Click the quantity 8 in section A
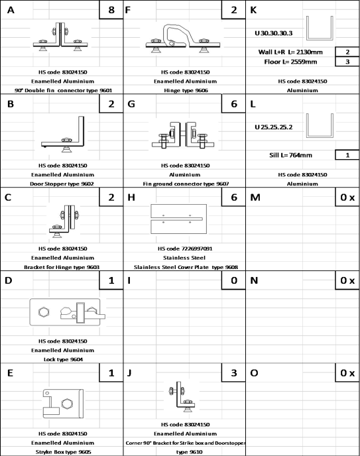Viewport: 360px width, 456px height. (x=111, y=9)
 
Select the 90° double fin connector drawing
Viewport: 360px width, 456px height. (x=60, y=36)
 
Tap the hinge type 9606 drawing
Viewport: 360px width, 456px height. (x=183, y=38)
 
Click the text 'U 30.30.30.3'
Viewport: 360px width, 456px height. (x=274, y=33)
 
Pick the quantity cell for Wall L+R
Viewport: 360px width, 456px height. (x=347, y=52)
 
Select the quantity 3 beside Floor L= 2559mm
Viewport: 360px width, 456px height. (x=347, y=62)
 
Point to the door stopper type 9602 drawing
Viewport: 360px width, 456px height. (x=63, y=134)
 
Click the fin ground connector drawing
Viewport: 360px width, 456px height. (x=183, y=135)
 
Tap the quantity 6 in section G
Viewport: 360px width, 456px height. (x=234, y=104)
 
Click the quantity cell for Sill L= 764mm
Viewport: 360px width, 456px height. (x=347, y=155)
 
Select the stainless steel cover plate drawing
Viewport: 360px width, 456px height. (x=178, y=219)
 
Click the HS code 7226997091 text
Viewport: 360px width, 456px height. (x=185, y=249)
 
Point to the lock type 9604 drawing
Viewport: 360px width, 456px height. (x=68, y=312)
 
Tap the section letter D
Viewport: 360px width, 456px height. (x=9, y=280)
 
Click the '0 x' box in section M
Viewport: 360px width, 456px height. (x=347, y=198)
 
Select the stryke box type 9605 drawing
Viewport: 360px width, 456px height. (x=63, y=404)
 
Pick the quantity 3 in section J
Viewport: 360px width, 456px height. (x=234, y=373)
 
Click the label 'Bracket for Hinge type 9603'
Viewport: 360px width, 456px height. (x=62, y=267)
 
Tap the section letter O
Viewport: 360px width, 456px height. (x=254, y=373)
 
